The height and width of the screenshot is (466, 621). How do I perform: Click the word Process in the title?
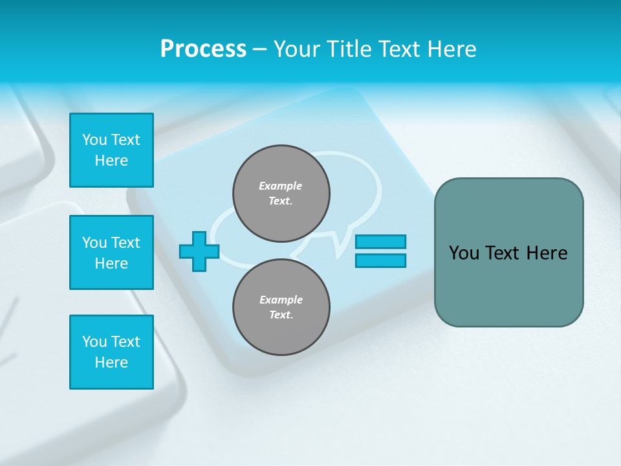[x=203, y=49]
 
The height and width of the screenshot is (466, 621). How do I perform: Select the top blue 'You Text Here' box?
[x=111, y=150]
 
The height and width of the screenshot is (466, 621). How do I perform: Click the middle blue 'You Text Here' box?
[x=111, y=252]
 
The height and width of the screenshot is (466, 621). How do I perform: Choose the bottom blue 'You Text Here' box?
[x=111, y=352]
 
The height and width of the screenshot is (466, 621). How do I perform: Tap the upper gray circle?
[x=281, y=194]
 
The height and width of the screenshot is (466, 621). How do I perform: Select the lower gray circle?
[x=281, y=307]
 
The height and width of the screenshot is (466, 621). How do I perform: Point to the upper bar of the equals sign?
[x=380, y=241]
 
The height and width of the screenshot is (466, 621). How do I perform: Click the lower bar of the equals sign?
[x=380, y=261]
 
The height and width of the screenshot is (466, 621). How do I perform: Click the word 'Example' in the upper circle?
[x=281, y=186]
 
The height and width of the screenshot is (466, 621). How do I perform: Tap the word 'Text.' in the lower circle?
[x=281, y=315]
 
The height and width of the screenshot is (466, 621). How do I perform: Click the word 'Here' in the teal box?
[x=547, y=253]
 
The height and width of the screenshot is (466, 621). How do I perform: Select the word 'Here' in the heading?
[x=449, y=49]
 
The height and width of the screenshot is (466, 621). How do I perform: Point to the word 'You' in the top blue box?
[x=94, y=140]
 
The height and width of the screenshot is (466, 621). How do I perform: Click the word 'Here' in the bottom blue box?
[x=111, y=362]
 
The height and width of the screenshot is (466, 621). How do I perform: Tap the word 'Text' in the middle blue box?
[x=125, y=243]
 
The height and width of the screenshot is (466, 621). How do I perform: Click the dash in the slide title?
[x=259, y=49]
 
